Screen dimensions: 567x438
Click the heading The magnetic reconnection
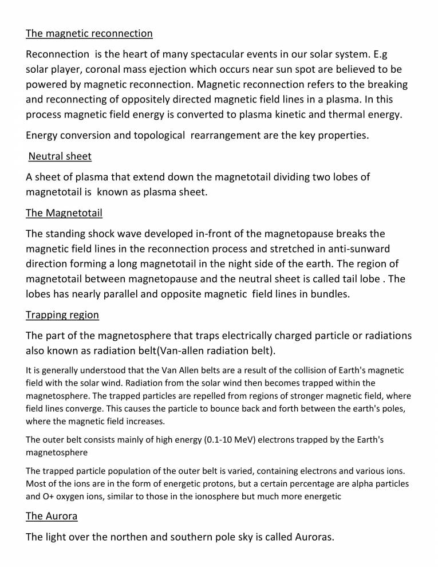(89, 33)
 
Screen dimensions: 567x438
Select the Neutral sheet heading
(60, 156)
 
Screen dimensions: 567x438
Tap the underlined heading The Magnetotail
(64, 213)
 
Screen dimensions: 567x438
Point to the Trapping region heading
(62, 315)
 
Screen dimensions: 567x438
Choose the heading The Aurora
(52, 516)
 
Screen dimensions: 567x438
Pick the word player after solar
(72, 69)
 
